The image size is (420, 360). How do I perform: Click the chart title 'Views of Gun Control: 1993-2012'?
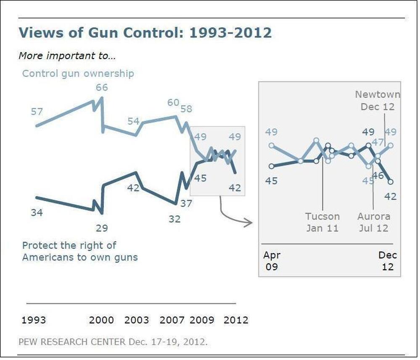click(145, 32)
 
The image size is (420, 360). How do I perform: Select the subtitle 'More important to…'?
click(67, 55)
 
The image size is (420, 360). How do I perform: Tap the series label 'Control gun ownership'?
click(78, 74)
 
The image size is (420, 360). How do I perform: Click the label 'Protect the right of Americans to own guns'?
click(80, 251)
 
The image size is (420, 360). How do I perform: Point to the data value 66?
click(102, 87)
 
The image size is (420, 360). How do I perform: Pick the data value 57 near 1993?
click(37, 111)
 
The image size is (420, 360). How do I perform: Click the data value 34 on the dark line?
click(37, 213)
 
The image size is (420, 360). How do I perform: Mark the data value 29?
click(102, 228)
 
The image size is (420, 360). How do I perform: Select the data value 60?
click(173, 103)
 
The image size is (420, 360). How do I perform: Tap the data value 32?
click(174, 219)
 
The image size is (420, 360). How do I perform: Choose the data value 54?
click(133, 121)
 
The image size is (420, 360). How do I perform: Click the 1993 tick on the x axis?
click(34, 320)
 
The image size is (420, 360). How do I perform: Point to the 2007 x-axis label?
click(172, 320)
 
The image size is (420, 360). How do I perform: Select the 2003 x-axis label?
click(137, 320)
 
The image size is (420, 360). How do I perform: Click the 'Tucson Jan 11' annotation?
click(322, 222)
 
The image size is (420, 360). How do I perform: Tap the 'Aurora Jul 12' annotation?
click(374, 222)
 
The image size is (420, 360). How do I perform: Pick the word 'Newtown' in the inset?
click(378, 95)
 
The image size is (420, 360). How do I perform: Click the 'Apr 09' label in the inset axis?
click(272, 261)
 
